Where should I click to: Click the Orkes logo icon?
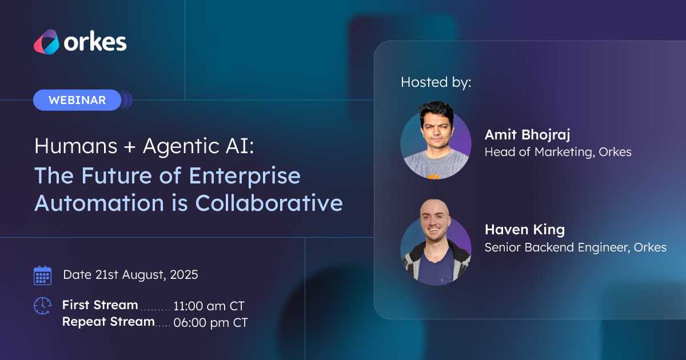46,42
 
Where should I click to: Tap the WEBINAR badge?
77,100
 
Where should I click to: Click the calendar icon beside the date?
42,275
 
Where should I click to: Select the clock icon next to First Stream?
42,306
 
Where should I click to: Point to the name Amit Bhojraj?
527,135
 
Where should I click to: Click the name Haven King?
525,230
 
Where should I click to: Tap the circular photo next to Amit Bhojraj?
436,141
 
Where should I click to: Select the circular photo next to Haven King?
436,242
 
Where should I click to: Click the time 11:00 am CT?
209,306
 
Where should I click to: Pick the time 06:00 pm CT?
210,323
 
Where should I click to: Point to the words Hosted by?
436,82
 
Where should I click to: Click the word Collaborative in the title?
269,203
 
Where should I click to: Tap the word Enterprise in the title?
245,176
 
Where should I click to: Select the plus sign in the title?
130,146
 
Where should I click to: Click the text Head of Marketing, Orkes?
558,152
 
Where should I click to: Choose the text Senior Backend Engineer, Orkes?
576,247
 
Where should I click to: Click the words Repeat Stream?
109,322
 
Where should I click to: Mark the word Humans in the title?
76,146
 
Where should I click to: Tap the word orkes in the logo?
95,42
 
